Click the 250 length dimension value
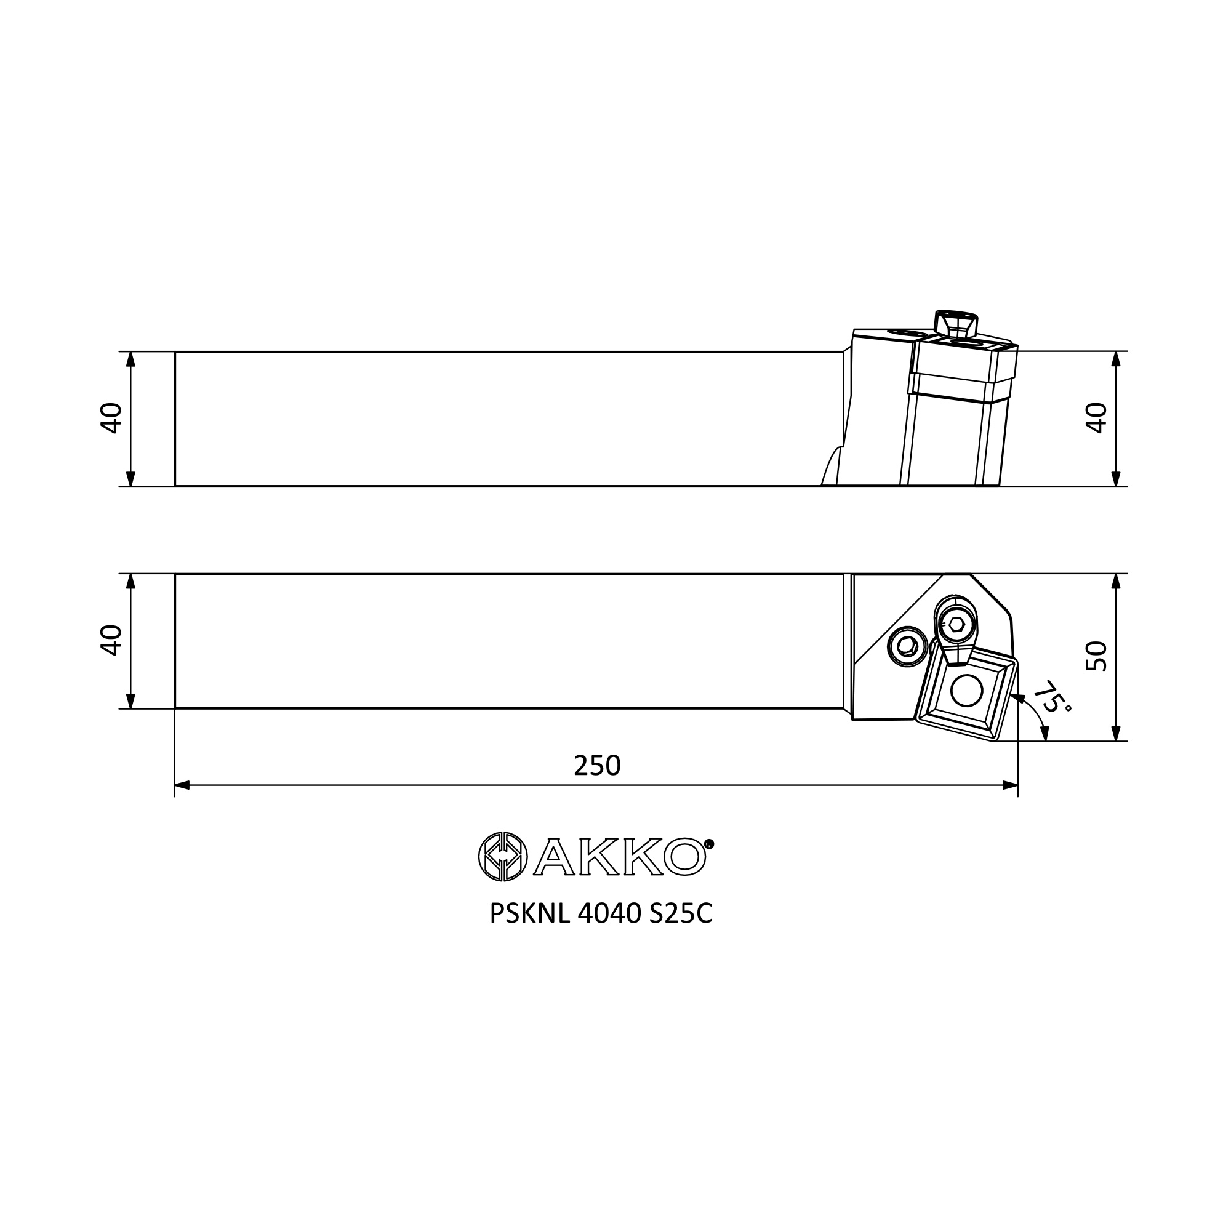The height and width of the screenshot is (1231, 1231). [x=597, y=765]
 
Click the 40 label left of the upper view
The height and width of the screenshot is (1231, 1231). [x=111, y=419]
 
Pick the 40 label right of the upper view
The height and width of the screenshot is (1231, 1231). [x=1097, y=419]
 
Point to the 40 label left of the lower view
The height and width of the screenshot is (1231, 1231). [x=111, y=640]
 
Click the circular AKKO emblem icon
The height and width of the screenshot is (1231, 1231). [x=503, y=856]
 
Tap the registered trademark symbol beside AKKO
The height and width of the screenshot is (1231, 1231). [x=709, y=844]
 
